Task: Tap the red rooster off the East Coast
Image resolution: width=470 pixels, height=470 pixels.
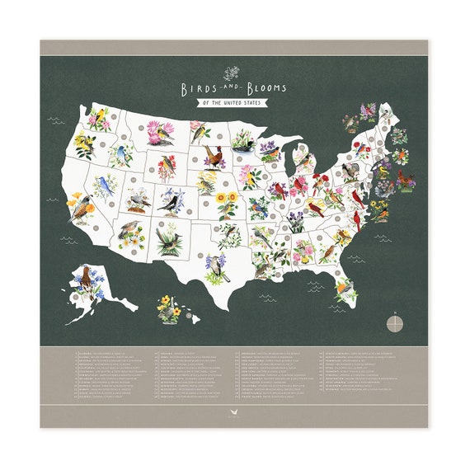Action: pyautogui.click(x=405, y=178)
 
